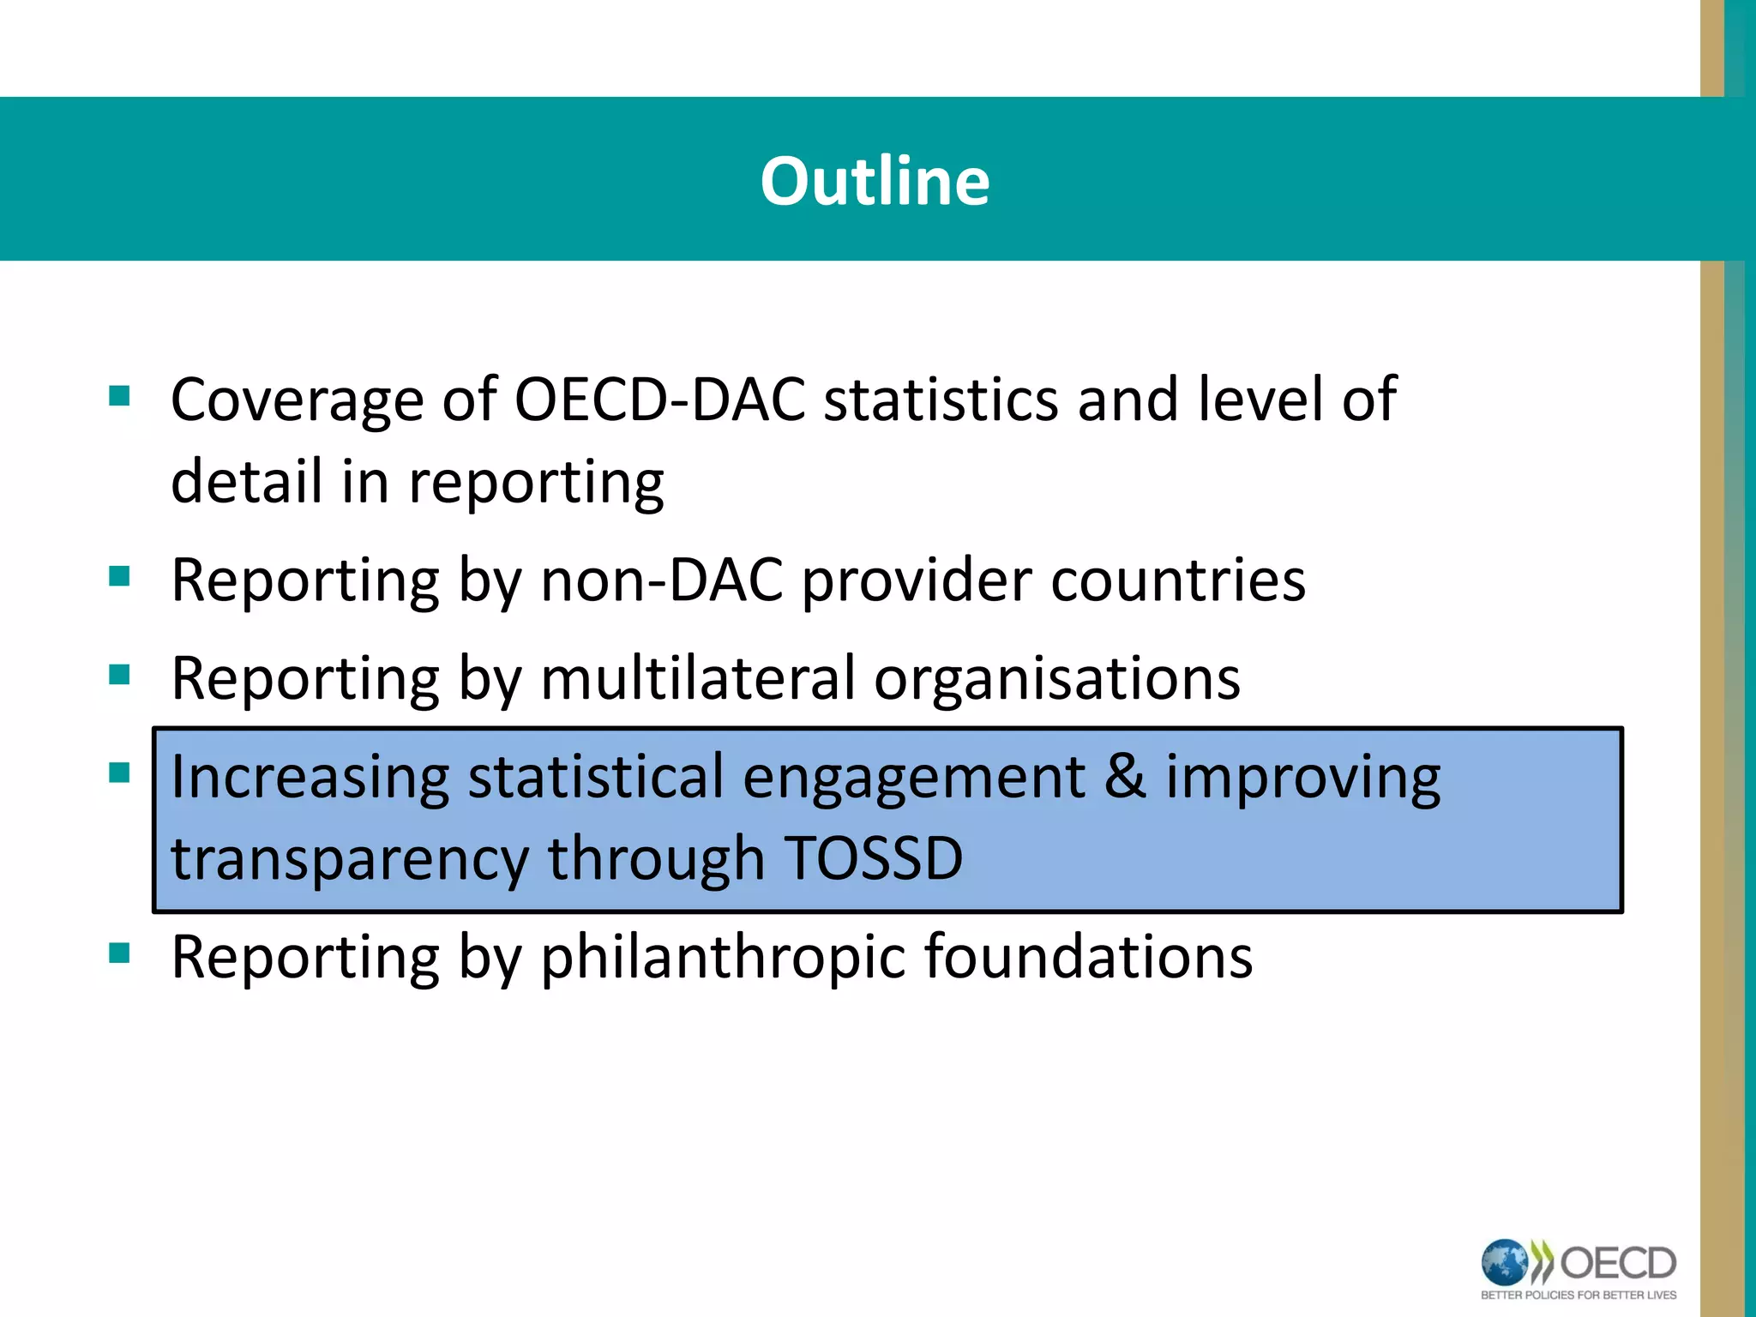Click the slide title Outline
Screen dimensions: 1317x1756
tap(875, 181)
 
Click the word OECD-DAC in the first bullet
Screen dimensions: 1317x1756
tap(659, 400)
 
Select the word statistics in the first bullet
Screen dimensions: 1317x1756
tap(941, 400)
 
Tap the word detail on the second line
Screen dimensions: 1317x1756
tap(246, 481)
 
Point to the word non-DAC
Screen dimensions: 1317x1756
tap(662, 580)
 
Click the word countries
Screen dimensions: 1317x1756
tap(1178, 580)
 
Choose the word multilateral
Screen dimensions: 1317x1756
tap(698, 678)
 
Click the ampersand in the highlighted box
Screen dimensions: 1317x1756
tap(1125, 776)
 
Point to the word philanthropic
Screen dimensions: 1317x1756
tap(722, 958)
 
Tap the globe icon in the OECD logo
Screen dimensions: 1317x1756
tap(1505, 1263)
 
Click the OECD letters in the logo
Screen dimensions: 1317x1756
tap(1617, 1263)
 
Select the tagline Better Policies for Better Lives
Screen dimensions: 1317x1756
tap(1579, 1296)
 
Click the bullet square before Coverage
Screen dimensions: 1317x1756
tap(119, 396)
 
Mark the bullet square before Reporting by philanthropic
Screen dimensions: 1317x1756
tap(119, 953)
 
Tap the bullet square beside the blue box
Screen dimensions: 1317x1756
tap(119, 773)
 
